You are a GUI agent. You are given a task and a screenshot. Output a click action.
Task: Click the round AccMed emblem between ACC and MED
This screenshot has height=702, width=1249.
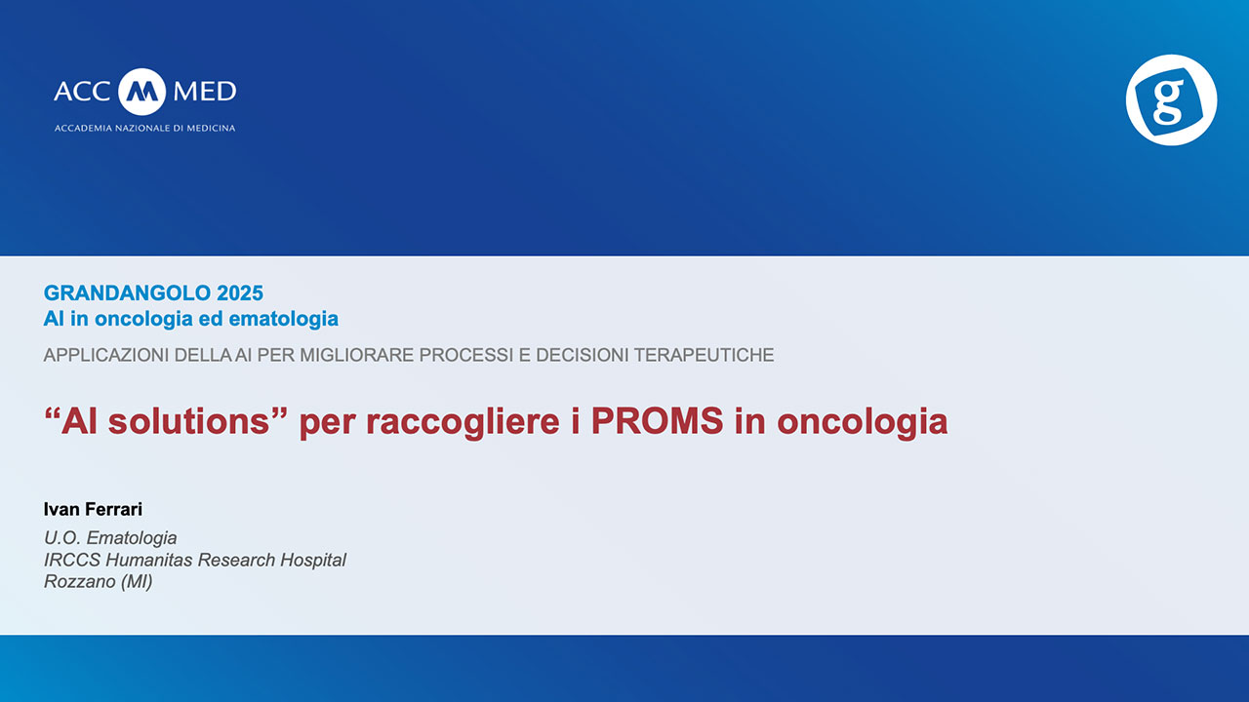coord(142,92)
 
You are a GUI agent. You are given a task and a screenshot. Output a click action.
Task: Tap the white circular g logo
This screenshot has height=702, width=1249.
coord(1171,99)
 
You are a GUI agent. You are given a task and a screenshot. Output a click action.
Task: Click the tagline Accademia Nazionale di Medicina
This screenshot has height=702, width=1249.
coord(145,128)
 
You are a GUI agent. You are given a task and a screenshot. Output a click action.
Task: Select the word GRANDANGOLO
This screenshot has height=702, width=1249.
coord(127,293)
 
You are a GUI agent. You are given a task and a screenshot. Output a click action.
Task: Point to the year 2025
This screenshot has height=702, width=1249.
coord(240,293)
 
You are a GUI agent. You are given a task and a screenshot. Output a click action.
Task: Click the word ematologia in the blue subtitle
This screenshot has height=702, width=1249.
coord(283,319)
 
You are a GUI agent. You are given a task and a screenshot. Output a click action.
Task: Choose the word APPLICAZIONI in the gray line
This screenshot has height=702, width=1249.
coord(106,355)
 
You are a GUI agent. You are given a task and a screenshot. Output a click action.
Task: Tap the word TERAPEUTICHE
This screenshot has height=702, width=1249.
coord(704,355)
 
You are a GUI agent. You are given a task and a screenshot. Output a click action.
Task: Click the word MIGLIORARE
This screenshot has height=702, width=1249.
coord(357,355)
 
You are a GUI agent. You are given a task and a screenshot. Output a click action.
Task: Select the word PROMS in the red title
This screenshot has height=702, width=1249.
coord(658,420)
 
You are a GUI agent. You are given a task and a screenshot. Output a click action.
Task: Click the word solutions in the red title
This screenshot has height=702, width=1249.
coord(189,420)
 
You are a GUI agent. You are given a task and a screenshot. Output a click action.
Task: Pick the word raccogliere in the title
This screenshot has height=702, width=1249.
coord(463,422)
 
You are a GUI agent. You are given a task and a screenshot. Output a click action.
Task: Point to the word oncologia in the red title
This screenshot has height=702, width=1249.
coord(862,422)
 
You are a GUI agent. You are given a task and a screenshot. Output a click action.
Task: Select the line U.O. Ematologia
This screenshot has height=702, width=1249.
coord(110,538)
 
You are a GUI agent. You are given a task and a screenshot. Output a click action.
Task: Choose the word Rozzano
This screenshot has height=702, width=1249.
coord(73,582)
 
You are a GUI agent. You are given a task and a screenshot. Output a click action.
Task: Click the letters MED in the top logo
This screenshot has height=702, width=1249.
coord(205,92)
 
